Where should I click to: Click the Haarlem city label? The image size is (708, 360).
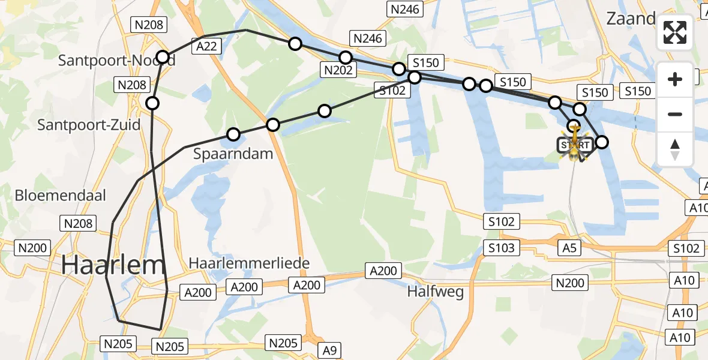(113, 265)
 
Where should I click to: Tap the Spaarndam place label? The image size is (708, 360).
(233, 154)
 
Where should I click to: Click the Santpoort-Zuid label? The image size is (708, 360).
(88, 125)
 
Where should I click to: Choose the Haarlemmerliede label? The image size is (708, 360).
(249, 263)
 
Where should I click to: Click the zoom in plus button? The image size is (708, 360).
(675, 79)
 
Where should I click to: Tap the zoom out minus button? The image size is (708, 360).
(675, 114)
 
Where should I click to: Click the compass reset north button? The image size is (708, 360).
(675, 149)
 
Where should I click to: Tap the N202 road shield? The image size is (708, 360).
(338, 70)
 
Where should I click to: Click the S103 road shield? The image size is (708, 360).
(502, 248)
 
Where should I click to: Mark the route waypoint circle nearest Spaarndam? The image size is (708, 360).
(233, 134)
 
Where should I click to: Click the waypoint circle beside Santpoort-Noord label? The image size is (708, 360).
(163, 57)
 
